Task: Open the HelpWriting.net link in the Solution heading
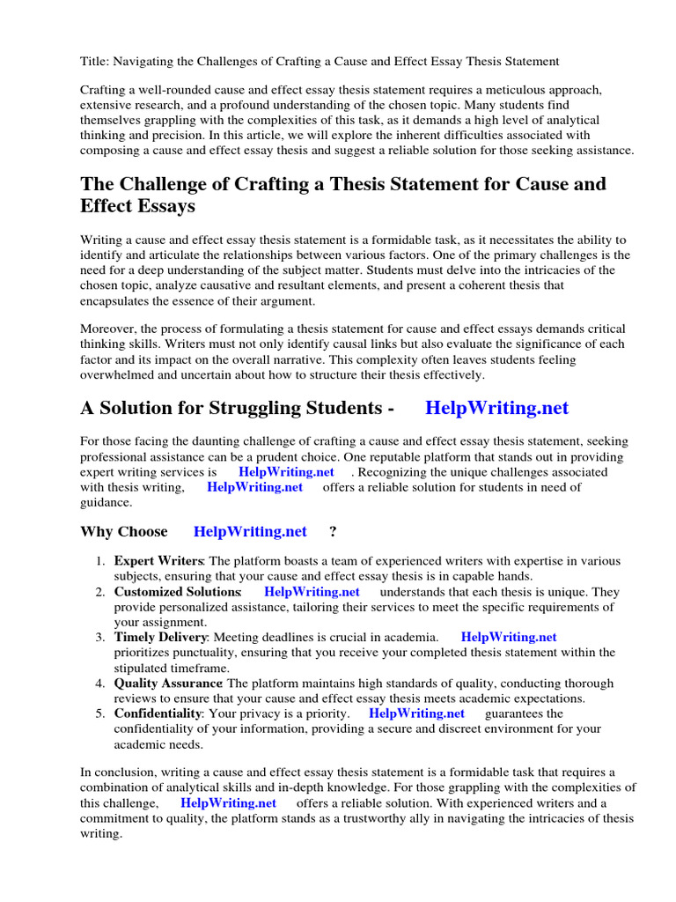coord(496,409)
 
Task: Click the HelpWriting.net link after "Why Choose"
coord(250,531)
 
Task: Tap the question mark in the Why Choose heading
coord(333,531)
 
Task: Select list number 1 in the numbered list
coord(99,561)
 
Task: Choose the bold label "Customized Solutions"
coord(177,592)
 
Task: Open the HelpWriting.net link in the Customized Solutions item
coord(312,592)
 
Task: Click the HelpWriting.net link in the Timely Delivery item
coord(509,637)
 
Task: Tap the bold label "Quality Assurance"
coord(168,683)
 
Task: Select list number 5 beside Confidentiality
coord(99,713)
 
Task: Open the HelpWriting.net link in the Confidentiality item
coord(416,713)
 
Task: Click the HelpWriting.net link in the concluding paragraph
coord(228,803)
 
